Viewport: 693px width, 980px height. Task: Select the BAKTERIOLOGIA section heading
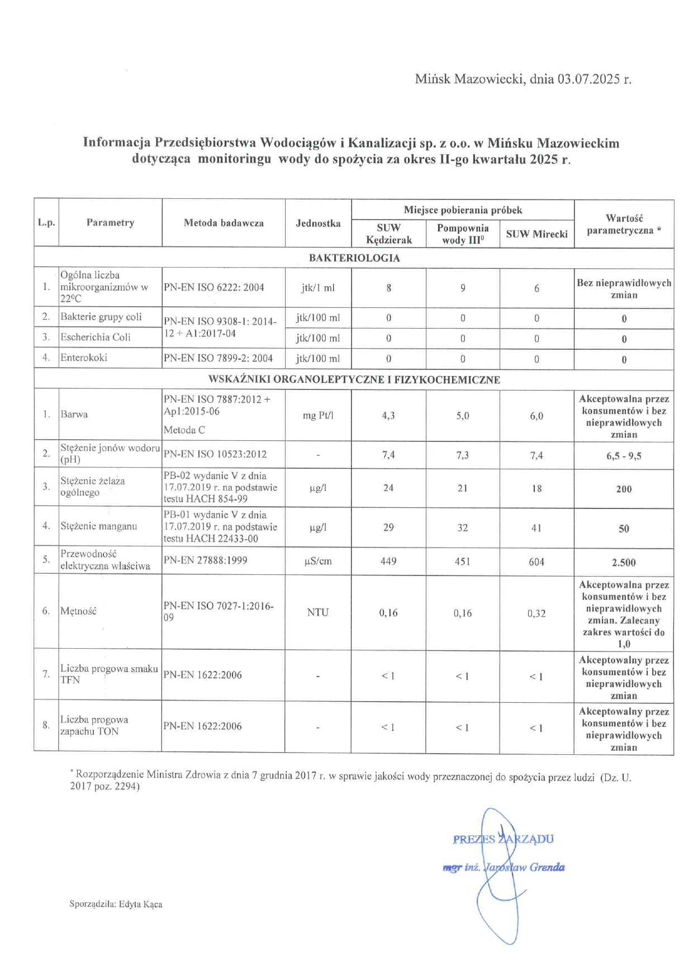[x=354, y=258]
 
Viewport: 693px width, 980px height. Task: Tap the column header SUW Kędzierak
[x=388, y=234]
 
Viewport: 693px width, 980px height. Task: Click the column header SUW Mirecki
[x=537, y=234]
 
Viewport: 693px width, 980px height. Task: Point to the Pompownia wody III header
[x=463, y=234]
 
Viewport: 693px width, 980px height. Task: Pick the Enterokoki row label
[x=84, y=358]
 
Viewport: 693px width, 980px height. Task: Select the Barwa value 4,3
[x=388, y=416]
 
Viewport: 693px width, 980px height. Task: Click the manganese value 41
[x=537, y=528]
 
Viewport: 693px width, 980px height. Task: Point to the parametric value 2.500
[x=624, y=563]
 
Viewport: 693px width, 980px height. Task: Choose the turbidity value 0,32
[x=537, y=613]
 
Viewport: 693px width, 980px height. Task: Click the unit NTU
[x=318, y=612]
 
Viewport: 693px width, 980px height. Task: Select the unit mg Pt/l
[x=318, y=416]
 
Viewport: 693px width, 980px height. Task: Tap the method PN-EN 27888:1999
[x=205, y=560]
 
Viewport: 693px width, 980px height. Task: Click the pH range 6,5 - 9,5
[x=624, y=456]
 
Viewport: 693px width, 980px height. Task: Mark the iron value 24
[x=388, y=488]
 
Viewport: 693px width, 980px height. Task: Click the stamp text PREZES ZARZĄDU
[x=503, y=839]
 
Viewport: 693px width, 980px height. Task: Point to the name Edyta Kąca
[x=140, y=904]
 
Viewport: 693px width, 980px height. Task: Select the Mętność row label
[x=78, y=611]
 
